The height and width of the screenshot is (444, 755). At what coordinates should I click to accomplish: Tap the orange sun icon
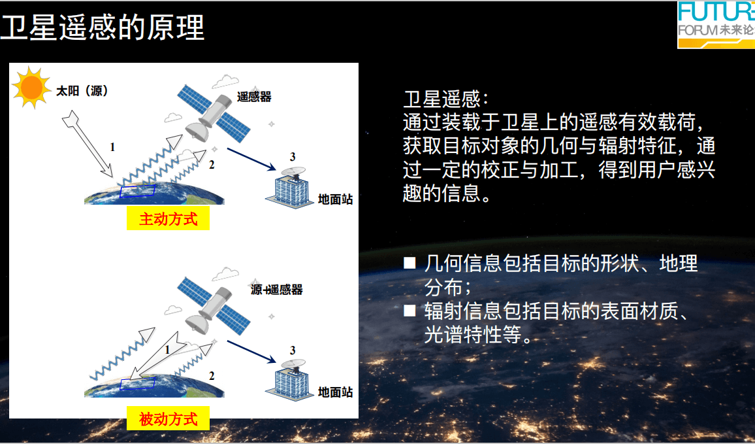[x=32, y=87]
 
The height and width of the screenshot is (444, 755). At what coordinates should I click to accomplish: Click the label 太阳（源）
[x=82, y=91]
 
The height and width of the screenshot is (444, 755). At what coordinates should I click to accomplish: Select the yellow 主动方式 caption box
[x=168, y=218]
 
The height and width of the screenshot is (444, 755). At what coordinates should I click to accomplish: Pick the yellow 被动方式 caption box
[x=168, y=418]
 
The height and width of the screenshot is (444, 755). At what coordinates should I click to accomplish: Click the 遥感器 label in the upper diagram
[x=254, y=96]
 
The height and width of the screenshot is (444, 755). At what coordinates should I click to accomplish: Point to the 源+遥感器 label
[x=276, y=289]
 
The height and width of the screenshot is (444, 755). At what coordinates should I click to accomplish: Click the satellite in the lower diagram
[x=214, y=307]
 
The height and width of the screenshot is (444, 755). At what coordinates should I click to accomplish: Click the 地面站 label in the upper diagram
[x=336, y=199]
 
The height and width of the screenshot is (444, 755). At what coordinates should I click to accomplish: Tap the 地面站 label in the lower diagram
[x=336, y=392]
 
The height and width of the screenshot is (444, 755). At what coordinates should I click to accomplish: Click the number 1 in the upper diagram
[x=113, y=147]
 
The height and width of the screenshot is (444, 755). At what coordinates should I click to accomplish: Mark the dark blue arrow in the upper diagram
[x=251, y=159]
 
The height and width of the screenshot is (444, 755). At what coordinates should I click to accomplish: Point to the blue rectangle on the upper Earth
[x=137, y=192]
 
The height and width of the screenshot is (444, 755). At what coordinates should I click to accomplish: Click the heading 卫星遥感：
[x=446, y=99]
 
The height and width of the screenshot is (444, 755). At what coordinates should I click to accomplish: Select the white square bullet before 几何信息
[x=410, y=263]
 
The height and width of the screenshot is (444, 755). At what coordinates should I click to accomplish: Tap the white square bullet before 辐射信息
[x=410, y=311]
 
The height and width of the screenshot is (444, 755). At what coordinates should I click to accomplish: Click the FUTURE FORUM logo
[x=716, y=25]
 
